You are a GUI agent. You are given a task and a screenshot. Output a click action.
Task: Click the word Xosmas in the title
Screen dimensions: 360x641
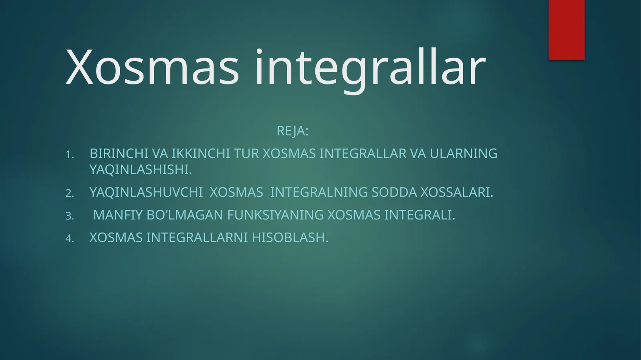pos(152,67)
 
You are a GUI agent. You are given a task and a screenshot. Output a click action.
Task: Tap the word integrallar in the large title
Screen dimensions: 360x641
pos(370,67)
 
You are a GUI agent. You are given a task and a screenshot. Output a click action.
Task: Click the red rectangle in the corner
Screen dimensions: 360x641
pos(566,30)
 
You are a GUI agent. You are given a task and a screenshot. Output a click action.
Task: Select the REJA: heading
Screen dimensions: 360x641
pos(292,131)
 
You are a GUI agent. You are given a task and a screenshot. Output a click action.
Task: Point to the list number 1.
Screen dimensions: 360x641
pos(70,155)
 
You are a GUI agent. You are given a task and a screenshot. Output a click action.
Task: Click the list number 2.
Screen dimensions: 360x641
pos(70,193)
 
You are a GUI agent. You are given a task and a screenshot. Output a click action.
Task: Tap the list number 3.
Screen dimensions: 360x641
pos(70,216)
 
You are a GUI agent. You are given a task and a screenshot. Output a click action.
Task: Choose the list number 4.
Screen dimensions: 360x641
pos(70,239)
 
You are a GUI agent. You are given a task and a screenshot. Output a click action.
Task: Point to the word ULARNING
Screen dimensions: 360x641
pos(464,154)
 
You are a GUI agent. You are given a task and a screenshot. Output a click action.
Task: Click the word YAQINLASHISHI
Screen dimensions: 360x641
pos(141,170)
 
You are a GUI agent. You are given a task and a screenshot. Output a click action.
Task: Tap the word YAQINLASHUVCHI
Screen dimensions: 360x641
pos(146,193)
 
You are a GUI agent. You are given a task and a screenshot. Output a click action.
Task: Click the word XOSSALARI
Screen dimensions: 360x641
pos(457,193)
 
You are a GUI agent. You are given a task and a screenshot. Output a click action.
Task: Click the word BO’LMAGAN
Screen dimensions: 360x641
pos(185,215)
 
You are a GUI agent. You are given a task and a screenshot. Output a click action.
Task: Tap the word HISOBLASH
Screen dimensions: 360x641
pos(290,238)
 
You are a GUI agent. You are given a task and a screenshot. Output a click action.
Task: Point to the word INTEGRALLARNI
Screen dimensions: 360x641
pos(197,238)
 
